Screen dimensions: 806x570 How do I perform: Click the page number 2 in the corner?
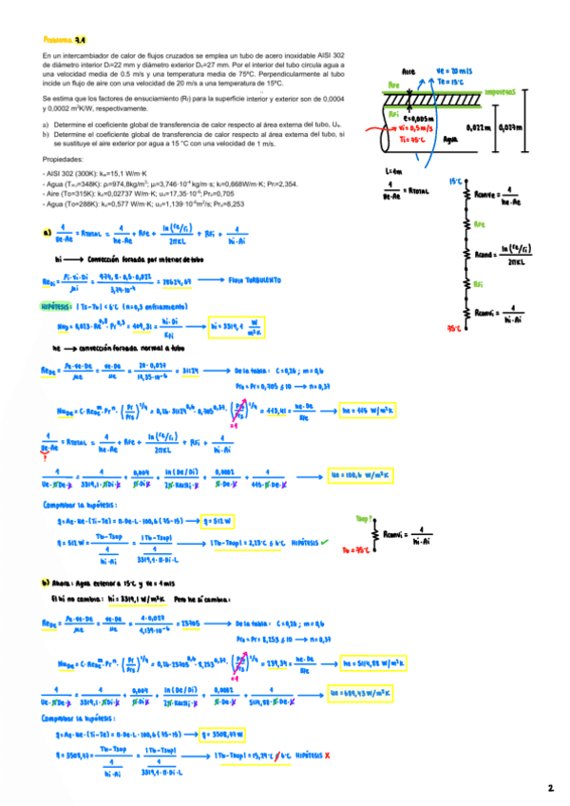point(550,788)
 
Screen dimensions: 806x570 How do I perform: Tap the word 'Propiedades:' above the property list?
point(64,161)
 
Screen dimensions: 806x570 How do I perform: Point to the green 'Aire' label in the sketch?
point(408,71)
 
